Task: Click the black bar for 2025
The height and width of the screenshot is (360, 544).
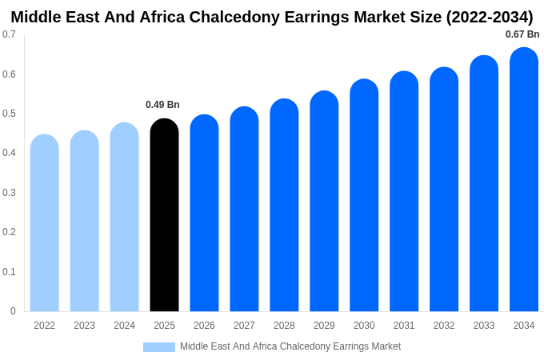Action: click(x=164, y=216)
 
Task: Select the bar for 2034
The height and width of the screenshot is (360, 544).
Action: click(x=524, y=180)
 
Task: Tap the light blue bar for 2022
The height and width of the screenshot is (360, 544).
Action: click(x=45, y=224)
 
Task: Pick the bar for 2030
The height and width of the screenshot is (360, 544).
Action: click(x=364, y=196)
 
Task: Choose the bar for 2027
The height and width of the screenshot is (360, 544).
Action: click(x=244, y=210)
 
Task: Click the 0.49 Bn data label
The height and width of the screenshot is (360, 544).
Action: click(x=162, y=105)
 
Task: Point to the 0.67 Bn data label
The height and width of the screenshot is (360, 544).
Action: click(x=522, y=34)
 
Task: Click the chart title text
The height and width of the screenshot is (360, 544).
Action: click(x=272, y=17)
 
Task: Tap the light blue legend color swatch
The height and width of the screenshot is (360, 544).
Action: click(x=158, y=346)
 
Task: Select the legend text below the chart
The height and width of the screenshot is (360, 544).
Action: click(x=290, y=346)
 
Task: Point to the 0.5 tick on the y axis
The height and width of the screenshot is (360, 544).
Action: click(x=9, y=114)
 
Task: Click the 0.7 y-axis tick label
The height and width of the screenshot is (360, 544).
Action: click(x=9, y=34)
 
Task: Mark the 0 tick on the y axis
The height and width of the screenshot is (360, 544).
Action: click(x=13, y=311)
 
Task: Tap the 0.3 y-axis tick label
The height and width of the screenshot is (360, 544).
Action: click(x=9, y=193)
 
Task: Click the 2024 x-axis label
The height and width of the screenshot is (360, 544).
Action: click(x=124, y=326)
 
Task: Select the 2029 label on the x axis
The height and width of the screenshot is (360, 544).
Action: click(x=324, y=326)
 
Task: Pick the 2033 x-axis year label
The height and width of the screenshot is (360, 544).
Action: click(x=484, y=326)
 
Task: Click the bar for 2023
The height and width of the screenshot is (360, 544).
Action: click(x=84, y=222)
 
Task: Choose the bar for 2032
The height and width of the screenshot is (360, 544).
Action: click(x=444, y=190)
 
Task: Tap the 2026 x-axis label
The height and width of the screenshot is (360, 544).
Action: click(x=204, y=326)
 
